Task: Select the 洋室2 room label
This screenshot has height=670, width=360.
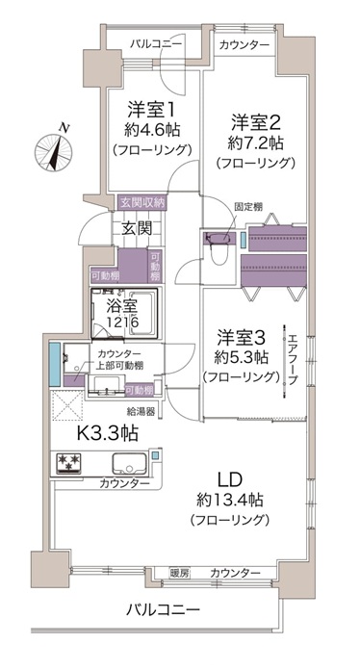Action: click(255, 122)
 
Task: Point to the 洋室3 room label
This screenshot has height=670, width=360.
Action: click(242, 338)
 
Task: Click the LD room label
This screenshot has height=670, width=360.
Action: click(230, 479)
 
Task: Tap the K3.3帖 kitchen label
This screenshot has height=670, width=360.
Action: click(107, 434)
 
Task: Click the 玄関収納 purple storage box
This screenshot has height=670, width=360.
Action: click(142, 202)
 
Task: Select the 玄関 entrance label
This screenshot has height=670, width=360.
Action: click(137, 229)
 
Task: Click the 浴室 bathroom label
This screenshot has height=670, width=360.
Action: click(119, 306)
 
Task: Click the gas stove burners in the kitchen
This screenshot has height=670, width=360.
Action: click(68, 463)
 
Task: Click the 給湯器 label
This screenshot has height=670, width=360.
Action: click(141, 412)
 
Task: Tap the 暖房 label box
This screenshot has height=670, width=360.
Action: click(179, 573)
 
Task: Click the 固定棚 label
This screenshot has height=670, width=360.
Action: click(248, 207)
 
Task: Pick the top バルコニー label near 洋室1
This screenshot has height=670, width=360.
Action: click(156, 44)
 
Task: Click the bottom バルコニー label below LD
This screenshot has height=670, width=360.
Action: click(163, 609)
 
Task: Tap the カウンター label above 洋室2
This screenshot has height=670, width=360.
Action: click(245, 45)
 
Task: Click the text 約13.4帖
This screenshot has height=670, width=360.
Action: click(230, 499)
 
